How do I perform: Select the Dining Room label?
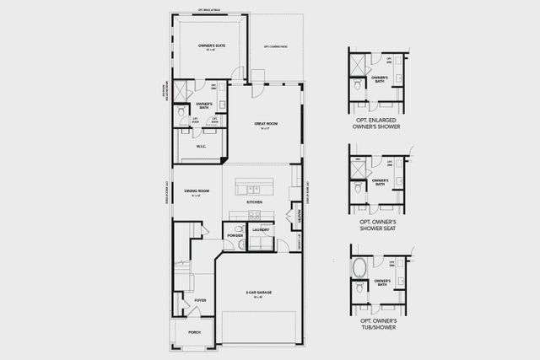[197, 191]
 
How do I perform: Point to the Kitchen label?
[253, 203]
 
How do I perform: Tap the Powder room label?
[235, 236]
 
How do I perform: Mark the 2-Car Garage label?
[259, 293]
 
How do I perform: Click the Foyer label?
[200, 299]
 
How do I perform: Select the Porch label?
[194, 332]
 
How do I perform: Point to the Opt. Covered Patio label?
[278, 46]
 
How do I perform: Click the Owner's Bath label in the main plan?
[204, 105]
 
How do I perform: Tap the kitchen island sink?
[251, 185]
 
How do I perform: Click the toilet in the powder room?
[240, 244]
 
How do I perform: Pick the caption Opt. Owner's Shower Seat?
[378, 225]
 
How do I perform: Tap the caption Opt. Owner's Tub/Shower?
[378, 323]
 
